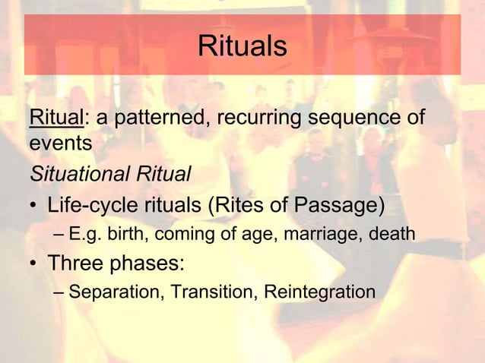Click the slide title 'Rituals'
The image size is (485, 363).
242,46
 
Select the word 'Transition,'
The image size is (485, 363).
211,292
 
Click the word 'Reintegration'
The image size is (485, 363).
319,292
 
